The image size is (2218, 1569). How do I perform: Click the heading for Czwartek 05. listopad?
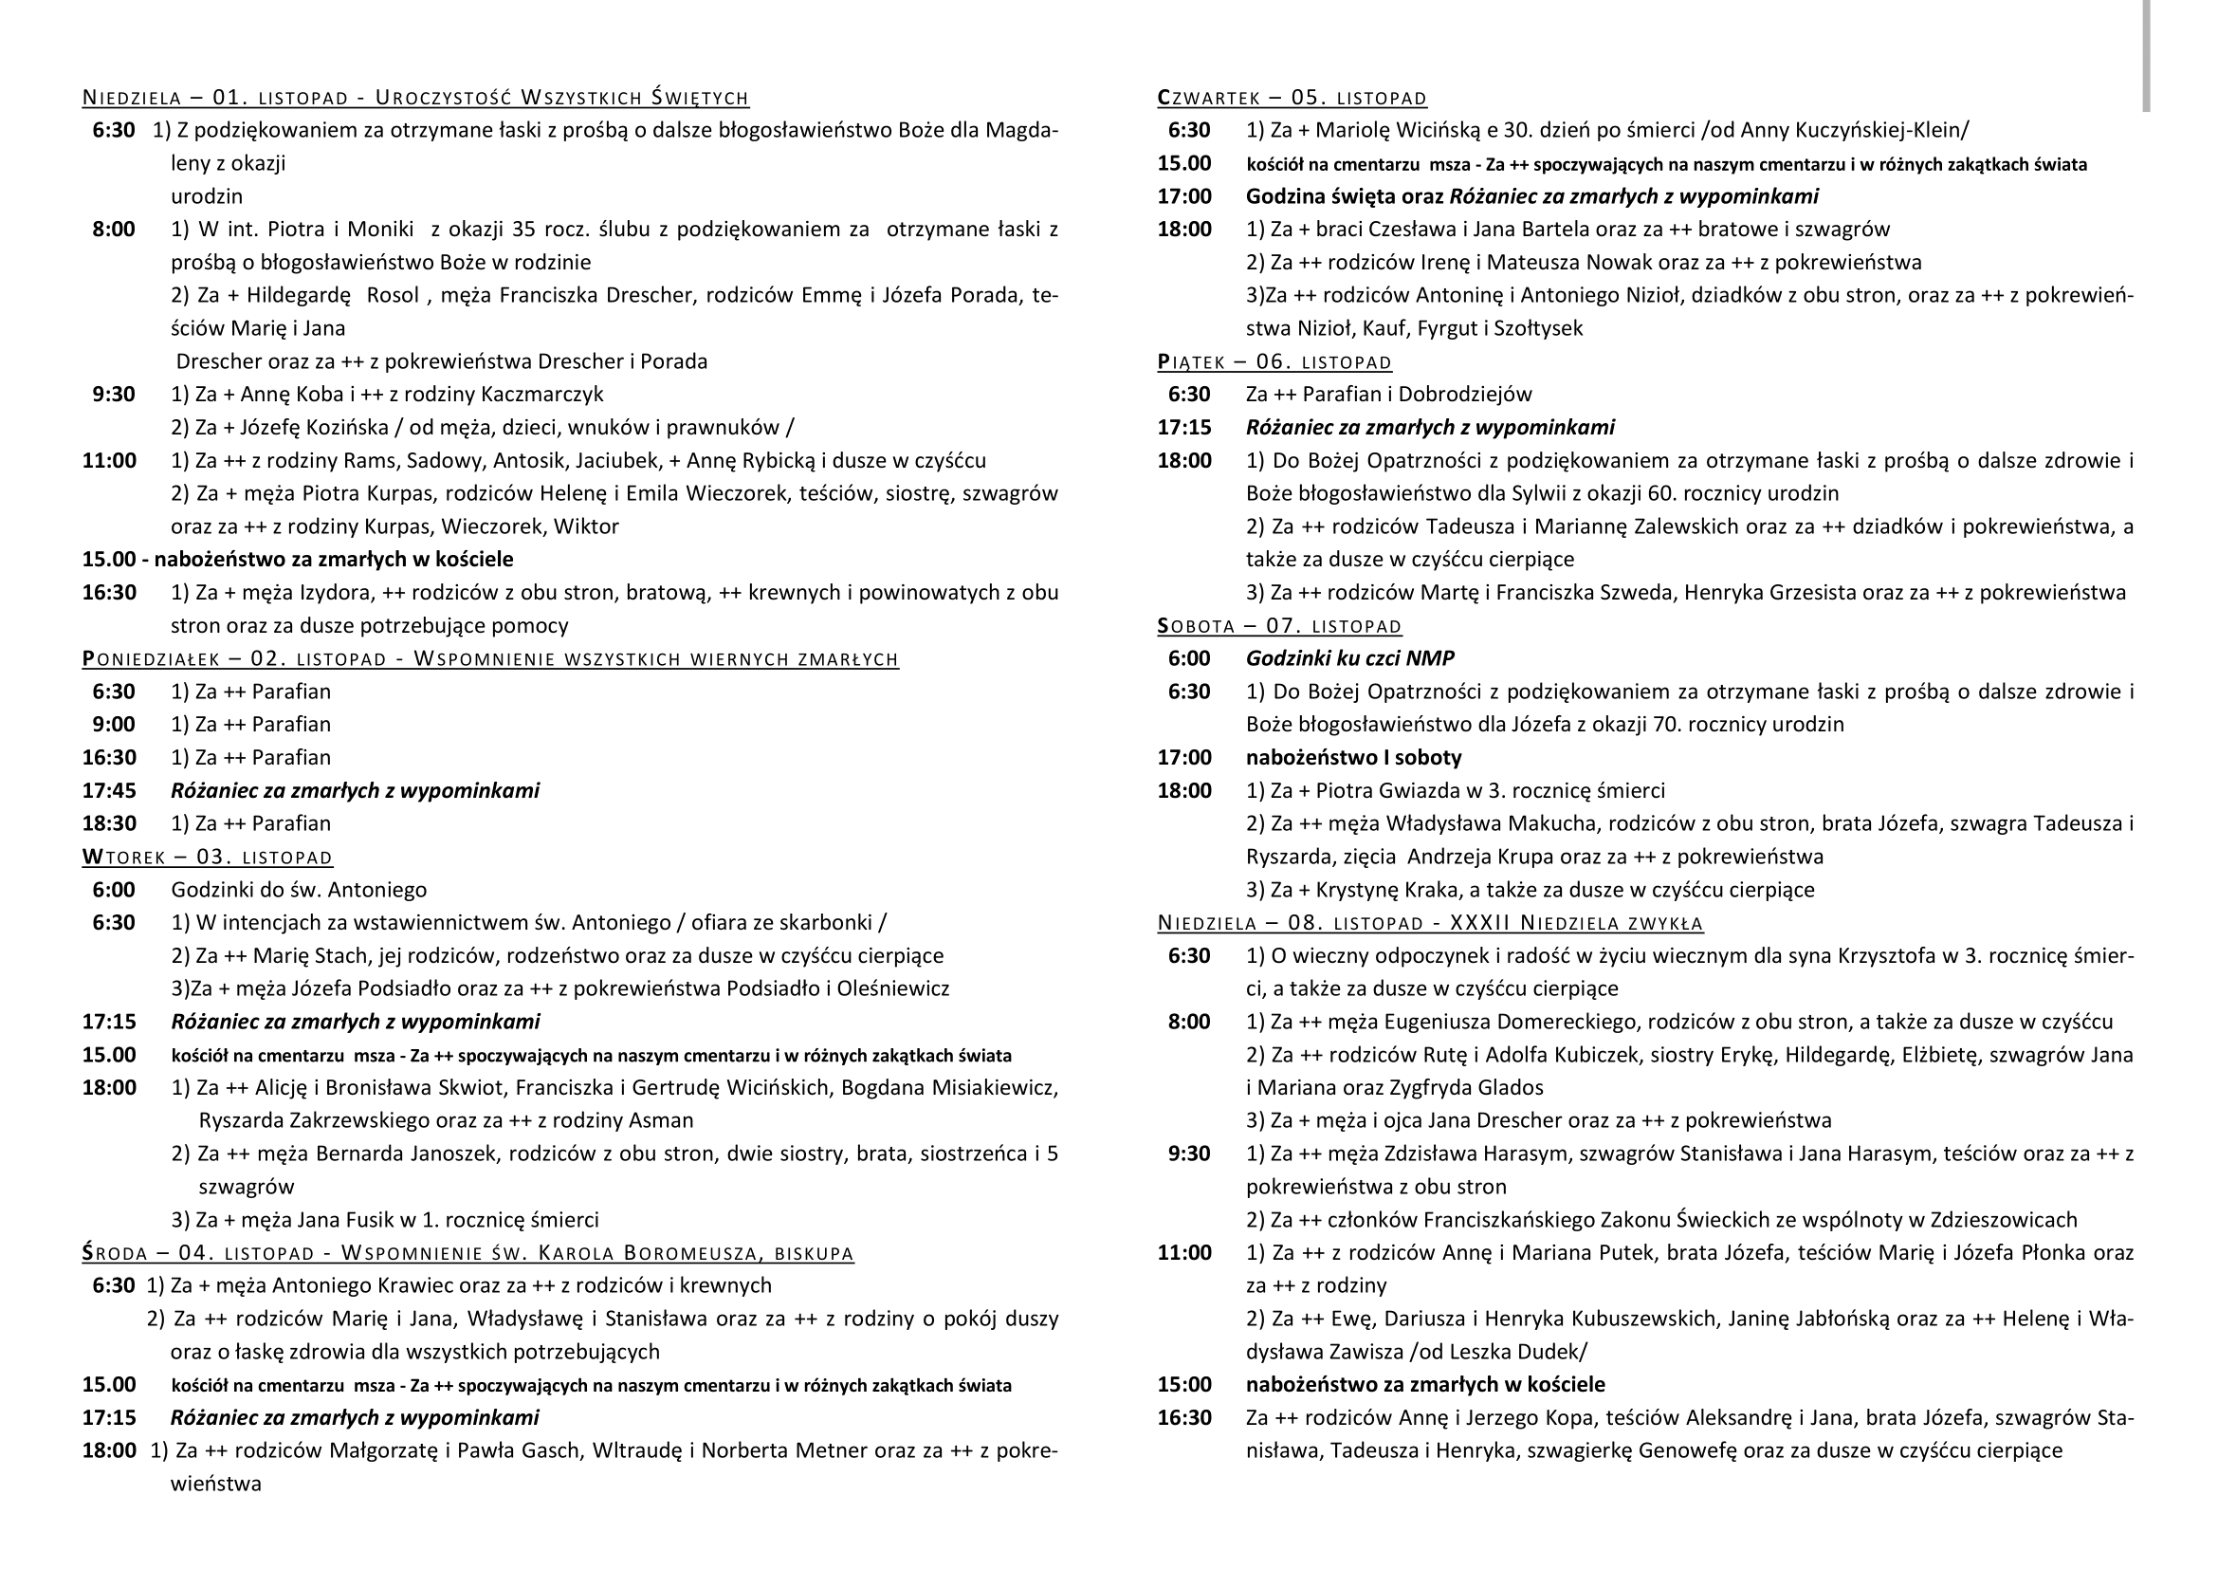click(x=1292, y=98)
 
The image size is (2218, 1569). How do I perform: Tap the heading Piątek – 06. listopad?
click(x=1274, y=362)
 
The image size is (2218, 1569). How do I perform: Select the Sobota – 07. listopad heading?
click(x=1279, y=626)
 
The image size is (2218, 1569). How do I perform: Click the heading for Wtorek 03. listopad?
click(x=207, y=857)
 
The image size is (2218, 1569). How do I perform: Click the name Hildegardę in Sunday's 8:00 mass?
click(x=298, y=295)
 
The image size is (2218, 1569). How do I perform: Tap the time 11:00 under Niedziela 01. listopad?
click(x=109, y=461)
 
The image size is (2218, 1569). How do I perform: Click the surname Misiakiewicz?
click(x=994, y=1088)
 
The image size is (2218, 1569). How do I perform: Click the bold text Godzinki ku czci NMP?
click(x=1349, y=659)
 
